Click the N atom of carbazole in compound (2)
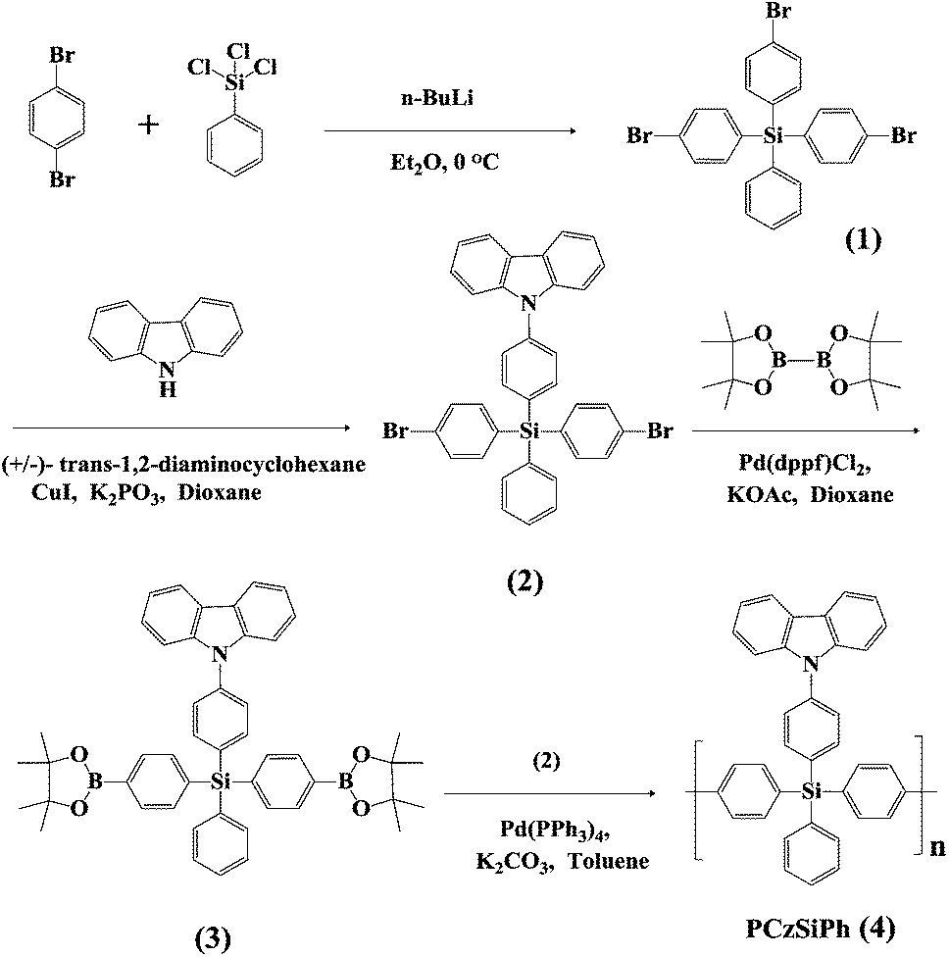point(528,307)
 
